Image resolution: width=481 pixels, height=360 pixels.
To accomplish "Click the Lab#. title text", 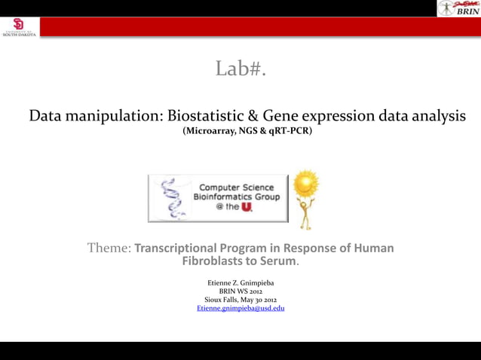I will [240, 70].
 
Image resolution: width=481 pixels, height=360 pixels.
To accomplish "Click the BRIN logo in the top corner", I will [457, 8].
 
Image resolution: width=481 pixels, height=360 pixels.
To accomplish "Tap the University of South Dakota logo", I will [18, 27].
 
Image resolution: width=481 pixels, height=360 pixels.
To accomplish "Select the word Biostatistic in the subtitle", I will [203, 117].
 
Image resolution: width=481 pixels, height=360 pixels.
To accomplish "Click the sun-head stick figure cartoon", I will [306, 199].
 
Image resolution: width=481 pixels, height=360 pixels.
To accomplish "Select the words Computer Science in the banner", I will [236, 187].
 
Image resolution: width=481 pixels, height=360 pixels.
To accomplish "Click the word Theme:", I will [109, 248].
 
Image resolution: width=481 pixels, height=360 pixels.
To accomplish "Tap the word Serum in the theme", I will [277, 262].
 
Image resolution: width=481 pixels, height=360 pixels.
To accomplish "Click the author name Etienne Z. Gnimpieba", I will [240, 282].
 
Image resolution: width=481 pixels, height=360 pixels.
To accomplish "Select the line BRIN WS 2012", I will [240, 291].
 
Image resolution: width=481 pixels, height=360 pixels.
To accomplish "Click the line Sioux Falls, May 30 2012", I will [240, 300].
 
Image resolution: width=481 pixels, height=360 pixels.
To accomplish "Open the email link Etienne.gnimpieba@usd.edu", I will [240, 309].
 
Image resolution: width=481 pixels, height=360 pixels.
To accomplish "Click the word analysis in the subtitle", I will [433, 117].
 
